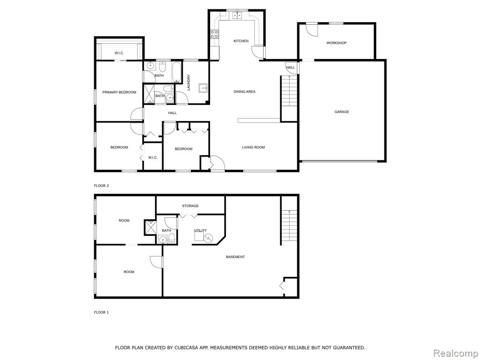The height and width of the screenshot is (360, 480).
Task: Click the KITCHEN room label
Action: tap(241, 41)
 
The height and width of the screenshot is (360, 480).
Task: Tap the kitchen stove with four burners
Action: tap(214, 34)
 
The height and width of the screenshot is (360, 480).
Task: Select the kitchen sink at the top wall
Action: tap(238, 15)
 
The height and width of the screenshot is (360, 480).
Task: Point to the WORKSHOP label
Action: tap(336, 43)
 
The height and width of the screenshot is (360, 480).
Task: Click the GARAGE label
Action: tap(342, 112)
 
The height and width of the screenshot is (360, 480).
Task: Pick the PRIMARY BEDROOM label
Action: tap(119, 92)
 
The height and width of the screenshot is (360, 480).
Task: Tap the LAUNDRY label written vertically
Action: tap(188, 82)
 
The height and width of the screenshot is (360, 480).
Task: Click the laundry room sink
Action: tap(203, 88)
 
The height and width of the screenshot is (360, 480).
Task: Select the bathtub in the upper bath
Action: tap(176, 72)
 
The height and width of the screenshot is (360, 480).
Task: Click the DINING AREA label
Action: tap(244, 91)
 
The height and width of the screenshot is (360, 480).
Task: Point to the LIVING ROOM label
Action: tap(253, 147)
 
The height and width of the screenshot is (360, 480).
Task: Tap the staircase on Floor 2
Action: tap(289, 91)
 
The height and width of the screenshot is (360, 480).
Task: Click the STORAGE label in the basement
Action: tap(190, 206)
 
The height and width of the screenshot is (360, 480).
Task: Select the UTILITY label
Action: tap(200, 231)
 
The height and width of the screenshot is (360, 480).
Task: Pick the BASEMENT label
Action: tap(235, 257)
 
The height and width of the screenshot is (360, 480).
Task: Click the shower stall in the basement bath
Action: tap(150, 227)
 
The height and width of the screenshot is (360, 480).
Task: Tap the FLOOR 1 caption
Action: tap(101, 312)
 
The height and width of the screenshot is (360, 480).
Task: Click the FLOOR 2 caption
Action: tap(101, 186)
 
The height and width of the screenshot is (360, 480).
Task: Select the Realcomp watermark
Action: tap(455, 353)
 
